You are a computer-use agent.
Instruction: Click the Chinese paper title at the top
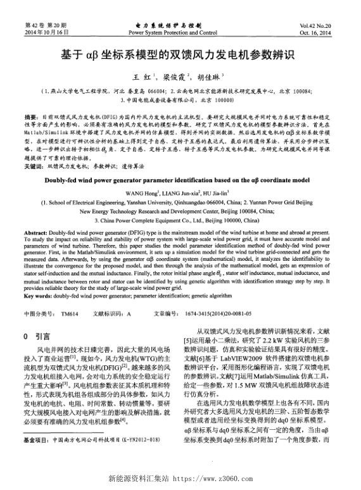coord(180,55)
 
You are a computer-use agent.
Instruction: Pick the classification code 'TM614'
coord(70,313)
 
